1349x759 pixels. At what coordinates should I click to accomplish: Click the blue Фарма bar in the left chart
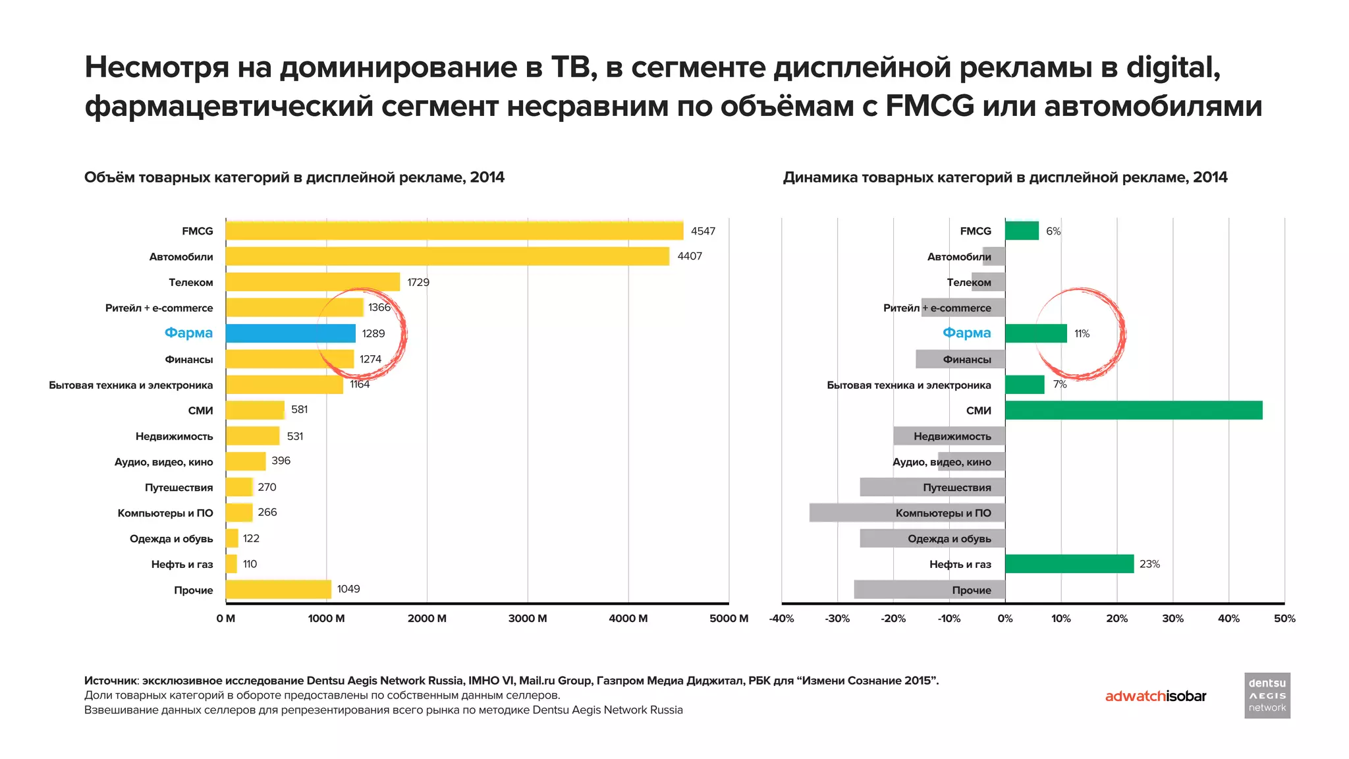(x=290, y=333)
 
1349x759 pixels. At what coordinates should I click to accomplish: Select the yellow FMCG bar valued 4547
(x=454, y=231)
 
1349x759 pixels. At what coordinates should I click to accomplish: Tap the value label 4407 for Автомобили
(x=690, y=256)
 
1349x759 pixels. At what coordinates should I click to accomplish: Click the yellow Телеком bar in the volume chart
(x=312, y=282)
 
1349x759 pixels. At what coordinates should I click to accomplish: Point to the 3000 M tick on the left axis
(x=527, y=619)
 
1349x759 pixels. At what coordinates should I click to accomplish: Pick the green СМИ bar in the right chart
(x=1133, y=410)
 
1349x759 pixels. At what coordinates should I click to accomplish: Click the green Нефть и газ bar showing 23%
(x=1069, y=564)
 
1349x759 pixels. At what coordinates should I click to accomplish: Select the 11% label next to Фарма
(x=1082, y=334)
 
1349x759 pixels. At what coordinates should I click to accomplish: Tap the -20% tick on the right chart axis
(x=893, y=619)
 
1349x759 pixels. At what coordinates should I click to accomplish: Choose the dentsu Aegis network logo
(x=1267, y=695)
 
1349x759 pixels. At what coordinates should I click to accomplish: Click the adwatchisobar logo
(x=1155, y=696)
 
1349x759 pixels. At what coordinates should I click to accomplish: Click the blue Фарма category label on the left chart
(x=188, y=333)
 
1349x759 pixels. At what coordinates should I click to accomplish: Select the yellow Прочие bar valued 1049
(x=278, y=590)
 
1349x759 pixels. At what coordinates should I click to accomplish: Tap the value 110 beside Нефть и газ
(x=250, y=565)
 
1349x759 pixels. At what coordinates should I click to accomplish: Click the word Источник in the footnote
(x=111, y=681)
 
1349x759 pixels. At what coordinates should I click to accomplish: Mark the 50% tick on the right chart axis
(x=1284, y=619)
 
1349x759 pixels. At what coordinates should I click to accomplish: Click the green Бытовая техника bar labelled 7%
(x=1024, y=385)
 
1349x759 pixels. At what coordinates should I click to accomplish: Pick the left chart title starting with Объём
(x=294, y=177)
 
